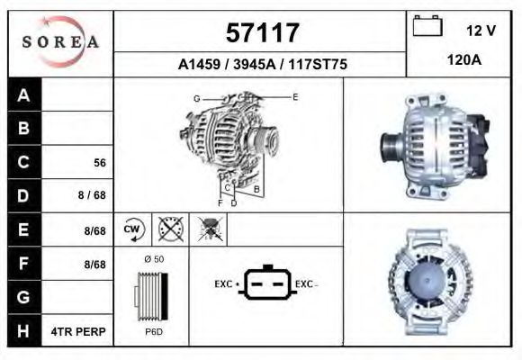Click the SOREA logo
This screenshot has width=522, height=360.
(x=60, y=42)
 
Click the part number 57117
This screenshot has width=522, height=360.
(x=262, y=33)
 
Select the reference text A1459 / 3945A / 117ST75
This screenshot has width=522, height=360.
(x=262, y=65)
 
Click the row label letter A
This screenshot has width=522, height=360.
(x=24, y=95)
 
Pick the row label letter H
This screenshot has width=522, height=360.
(x=24, y=331)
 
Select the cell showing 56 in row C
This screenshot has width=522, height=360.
(x=100, y=163)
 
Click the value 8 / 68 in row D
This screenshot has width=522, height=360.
(x=93, y=196)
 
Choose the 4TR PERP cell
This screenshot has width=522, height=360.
(x=80, y=331)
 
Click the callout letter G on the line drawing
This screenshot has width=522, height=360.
(x=196, y=97)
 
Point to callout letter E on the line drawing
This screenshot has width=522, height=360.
(x=295, y=95)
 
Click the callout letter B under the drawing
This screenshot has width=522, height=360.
(x=256, y=189)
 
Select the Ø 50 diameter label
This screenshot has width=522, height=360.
(x=153, y=259)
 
